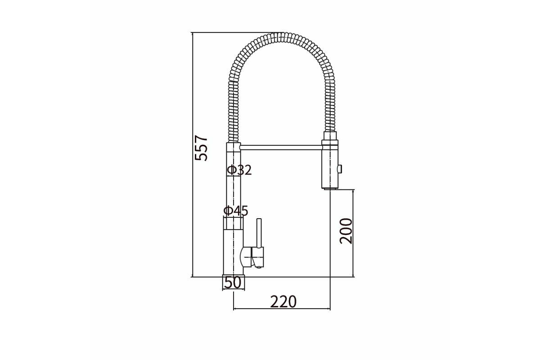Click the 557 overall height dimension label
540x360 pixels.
click(x=201, y=148)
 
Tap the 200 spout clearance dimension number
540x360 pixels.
click(x=346, y=231)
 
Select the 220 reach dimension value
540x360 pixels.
click(x=283, y=301)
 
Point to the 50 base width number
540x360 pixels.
click(x=233, y=283)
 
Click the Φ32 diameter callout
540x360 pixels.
click(x=239, y=170)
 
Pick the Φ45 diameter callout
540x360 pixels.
click(x=236, y=211)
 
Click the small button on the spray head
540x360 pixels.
click(x=340, y=168)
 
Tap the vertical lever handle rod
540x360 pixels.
click(x=259, y=233)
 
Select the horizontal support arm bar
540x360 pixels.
click(x=281, y=147)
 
